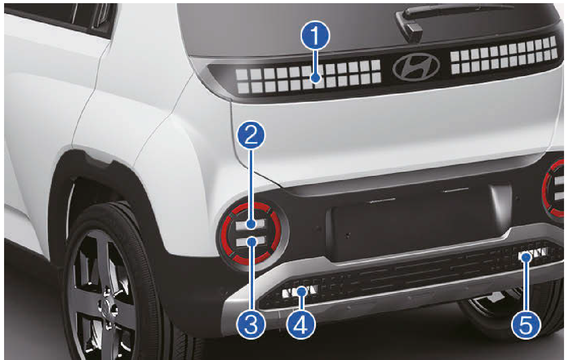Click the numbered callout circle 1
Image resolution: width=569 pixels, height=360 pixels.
pyautogui.click(x=315, y=35)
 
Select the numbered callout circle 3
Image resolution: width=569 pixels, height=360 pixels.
pyautogui.click(x=251, y=324)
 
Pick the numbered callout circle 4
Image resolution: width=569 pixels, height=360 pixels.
pyautogui.click(x=301, y=324)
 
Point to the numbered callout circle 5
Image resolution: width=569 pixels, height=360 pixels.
pyautogui.click(x=526, y=324)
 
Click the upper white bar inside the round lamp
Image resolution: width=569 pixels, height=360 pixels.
pyautogui.click(x=251, y=224)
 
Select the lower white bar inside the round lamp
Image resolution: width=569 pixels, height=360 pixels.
pyautogui.click(x=251, y=241)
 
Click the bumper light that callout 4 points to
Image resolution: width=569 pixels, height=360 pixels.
pyautogui.click(x=300, y=292)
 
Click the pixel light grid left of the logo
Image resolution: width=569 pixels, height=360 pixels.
pyautogui.click(x=308, y=77)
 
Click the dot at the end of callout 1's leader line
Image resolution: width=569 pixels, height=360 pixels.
pyautogui.click(x=316, y=78)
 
